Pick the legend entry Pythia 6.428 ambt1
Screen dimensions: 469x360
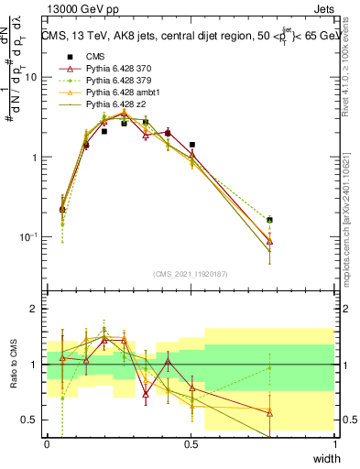125,93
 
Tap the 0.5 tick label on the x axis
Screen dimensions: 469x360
191,444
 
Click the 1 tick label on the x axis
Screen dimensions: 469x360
335,444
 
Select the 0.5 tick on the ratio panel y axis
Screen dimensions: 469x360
33,420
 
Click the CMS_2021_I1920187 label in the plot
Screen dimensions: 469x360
190,274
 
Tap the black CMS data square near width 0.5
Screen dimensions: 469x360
191,145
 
